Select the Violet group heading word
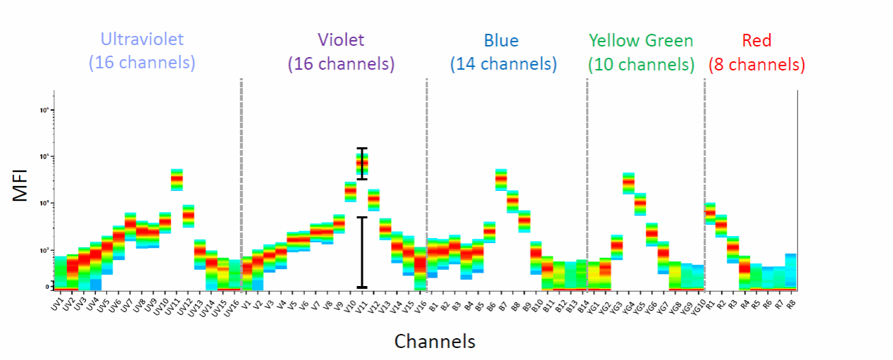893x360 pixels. tap(341, 40)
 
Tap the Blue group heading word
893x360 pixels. tap(503, 40)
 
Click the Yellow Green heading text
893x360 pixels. tap(641, 40)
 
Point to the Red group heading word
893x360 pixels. tap(756, 40)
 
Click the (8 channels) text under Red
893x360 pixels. tap(756, 65)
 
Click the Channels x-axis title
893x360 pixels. tap(435, 342)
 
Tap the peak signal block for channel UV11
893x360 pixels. tap(177, 180)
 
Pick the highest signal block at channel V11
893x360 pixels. tap(362, 163)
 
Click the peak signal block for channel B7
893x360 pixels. tap(501, 179)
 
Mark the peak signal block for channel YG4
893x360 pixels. tap(629, 182)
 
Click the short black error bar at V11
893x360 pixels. tap(362, 163)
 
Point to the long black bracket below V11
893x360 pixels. tap(362, 252)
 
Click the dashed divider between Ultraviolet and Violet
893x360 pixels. tap(241, 183)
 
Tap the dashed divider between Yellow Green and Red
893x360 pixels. tap(704, 183)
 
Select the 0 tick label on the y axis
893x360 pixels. tap(46, 287)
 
